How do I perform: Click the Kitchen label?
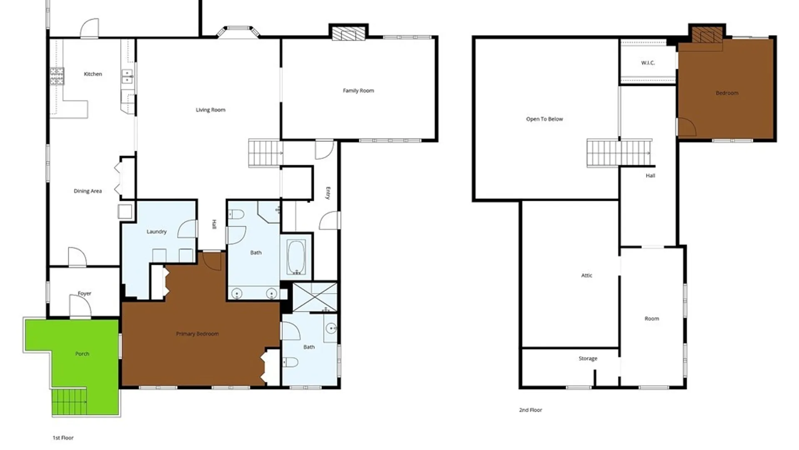(x=93, y=74)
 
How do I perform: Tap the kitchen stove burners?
(x=57, y=76)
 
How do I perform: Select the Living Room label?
(x=211, y=110)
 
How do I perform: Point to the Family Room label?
(x=358, y=90)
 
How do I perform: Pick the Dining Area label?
(x=88, y=191)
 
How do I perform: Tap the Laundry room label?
(x=156, y=232)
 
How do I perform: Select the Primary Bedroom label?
(x=197, y=334)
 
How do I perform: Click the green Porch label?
(x=82, y=354)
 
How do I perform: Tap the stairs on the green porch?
(x=69, y=402)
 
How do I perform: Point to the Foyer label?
(x=84, y=293)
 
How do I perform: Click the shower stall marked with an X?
(x=315, y=297)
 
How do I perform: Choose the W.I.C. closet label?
(x=648, y=63)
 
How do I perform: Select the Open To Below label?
(x=544, y=119)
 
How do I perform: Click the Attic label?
(x=587, y=275)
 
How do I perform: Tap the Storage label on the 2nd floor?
(x=588, y=358)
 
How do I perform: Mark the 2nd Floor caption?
(x=531, y=410)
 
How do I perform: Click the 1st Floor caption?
(x=63, y=438)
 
